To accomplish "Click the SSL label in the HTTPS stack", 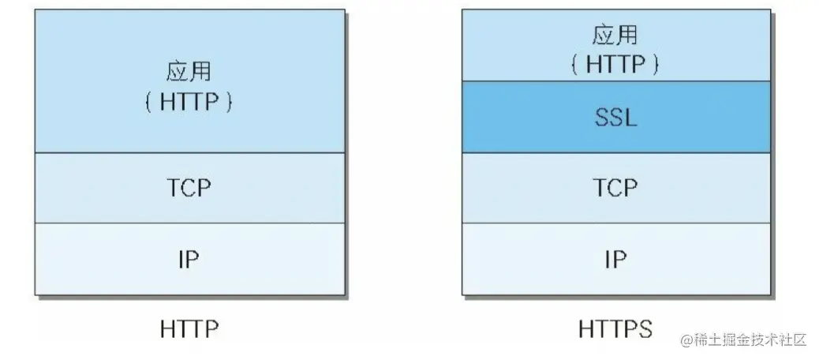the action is tap(615, 118).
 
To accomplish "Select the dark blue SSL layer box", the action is tap(521, 118).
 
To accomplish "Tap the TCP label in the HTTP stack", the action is tap(189, 188).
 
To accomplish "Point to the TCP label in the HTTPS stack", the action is tap(615, 188).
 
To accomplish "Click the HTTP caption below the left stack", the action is tap(189, 328).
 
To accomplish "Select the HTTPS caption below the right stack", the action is tap(615, 328).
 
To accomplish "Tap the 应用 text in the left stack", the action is tap(189, 72).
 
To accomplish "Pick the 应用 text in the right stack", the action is tap(615, 36).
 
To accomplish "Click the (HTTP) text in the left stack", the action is tap(189, 103).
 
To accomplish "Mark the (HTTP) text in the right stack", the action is tap(615, 64).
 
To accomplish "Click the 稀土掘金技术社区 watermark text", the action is tap(750, 340).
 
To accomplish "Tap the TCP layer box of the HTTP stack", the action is tap(95, 188).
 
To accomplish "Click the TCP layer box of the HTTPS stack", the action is tap(521, 188).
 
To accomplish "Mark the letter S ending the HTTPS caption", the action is tap(646, 328).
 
